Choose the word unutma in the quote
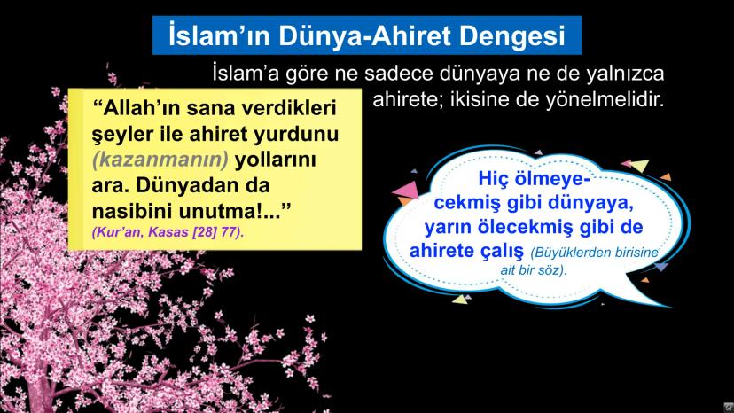click(x=231, y=214)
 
